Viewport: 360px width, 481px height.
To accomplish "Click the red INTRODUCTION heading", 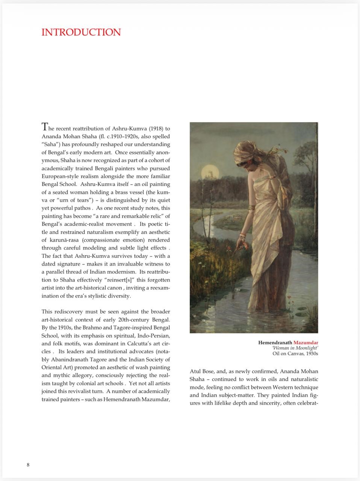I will pos(81,32).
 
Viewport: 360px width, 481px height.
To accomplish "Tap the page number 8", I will pos(28,465).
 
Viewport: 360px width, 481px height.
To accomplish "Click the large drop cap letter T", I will pos(45,126).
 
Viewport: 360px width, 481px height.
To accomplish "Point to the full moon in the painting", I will pos(210,173).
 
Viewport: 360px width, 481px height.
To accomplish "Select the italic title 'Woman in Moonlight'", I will pos(295,348).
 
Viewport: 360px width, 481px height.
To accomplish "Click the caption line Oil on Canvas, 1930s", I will pos(295,354).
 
